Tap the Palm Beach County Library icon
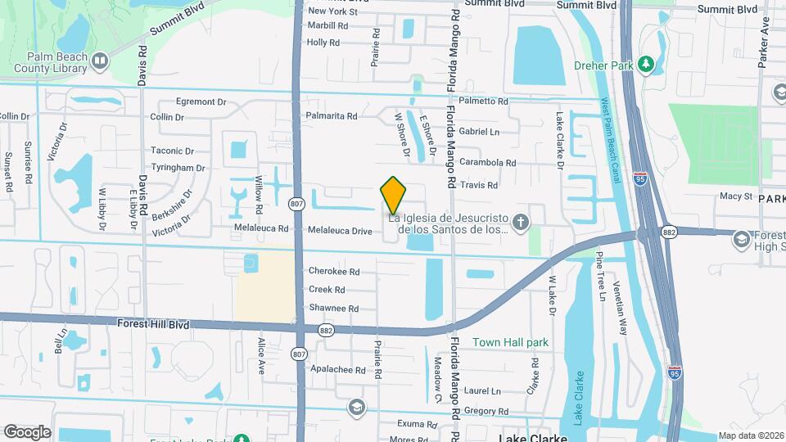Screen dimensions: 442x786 tap(100, 60)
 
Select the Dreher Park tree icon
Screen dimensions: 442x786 tap(647, 63)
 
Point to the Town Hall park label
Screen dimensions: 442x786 tap(510, 342)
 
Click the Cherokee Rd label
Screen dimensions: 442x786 tap(334, 271)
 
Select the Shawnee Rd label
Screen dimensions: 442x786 tap(334, 309)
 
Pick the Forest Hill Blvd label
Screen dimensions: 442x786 tap(153, 325)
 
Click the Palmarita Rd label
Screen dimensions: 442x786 tap(332, 116)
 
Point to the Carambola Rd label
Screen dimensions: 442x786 tap(487, 163)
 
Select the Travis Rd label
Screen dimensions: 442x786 tap(479, 186)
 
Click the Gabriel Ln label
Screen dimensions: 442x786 tap(479, 131)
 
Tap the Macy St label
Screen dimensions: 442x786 tap(735, 196)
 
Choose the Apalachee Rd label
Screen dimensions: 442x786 tap(337, 370)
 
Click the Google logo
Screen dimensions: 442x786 tap(27, 431)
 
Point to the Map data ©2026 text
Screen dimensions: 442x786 tap(751, 436)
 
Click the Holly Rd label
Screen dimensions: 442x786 tap(323, 43)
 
